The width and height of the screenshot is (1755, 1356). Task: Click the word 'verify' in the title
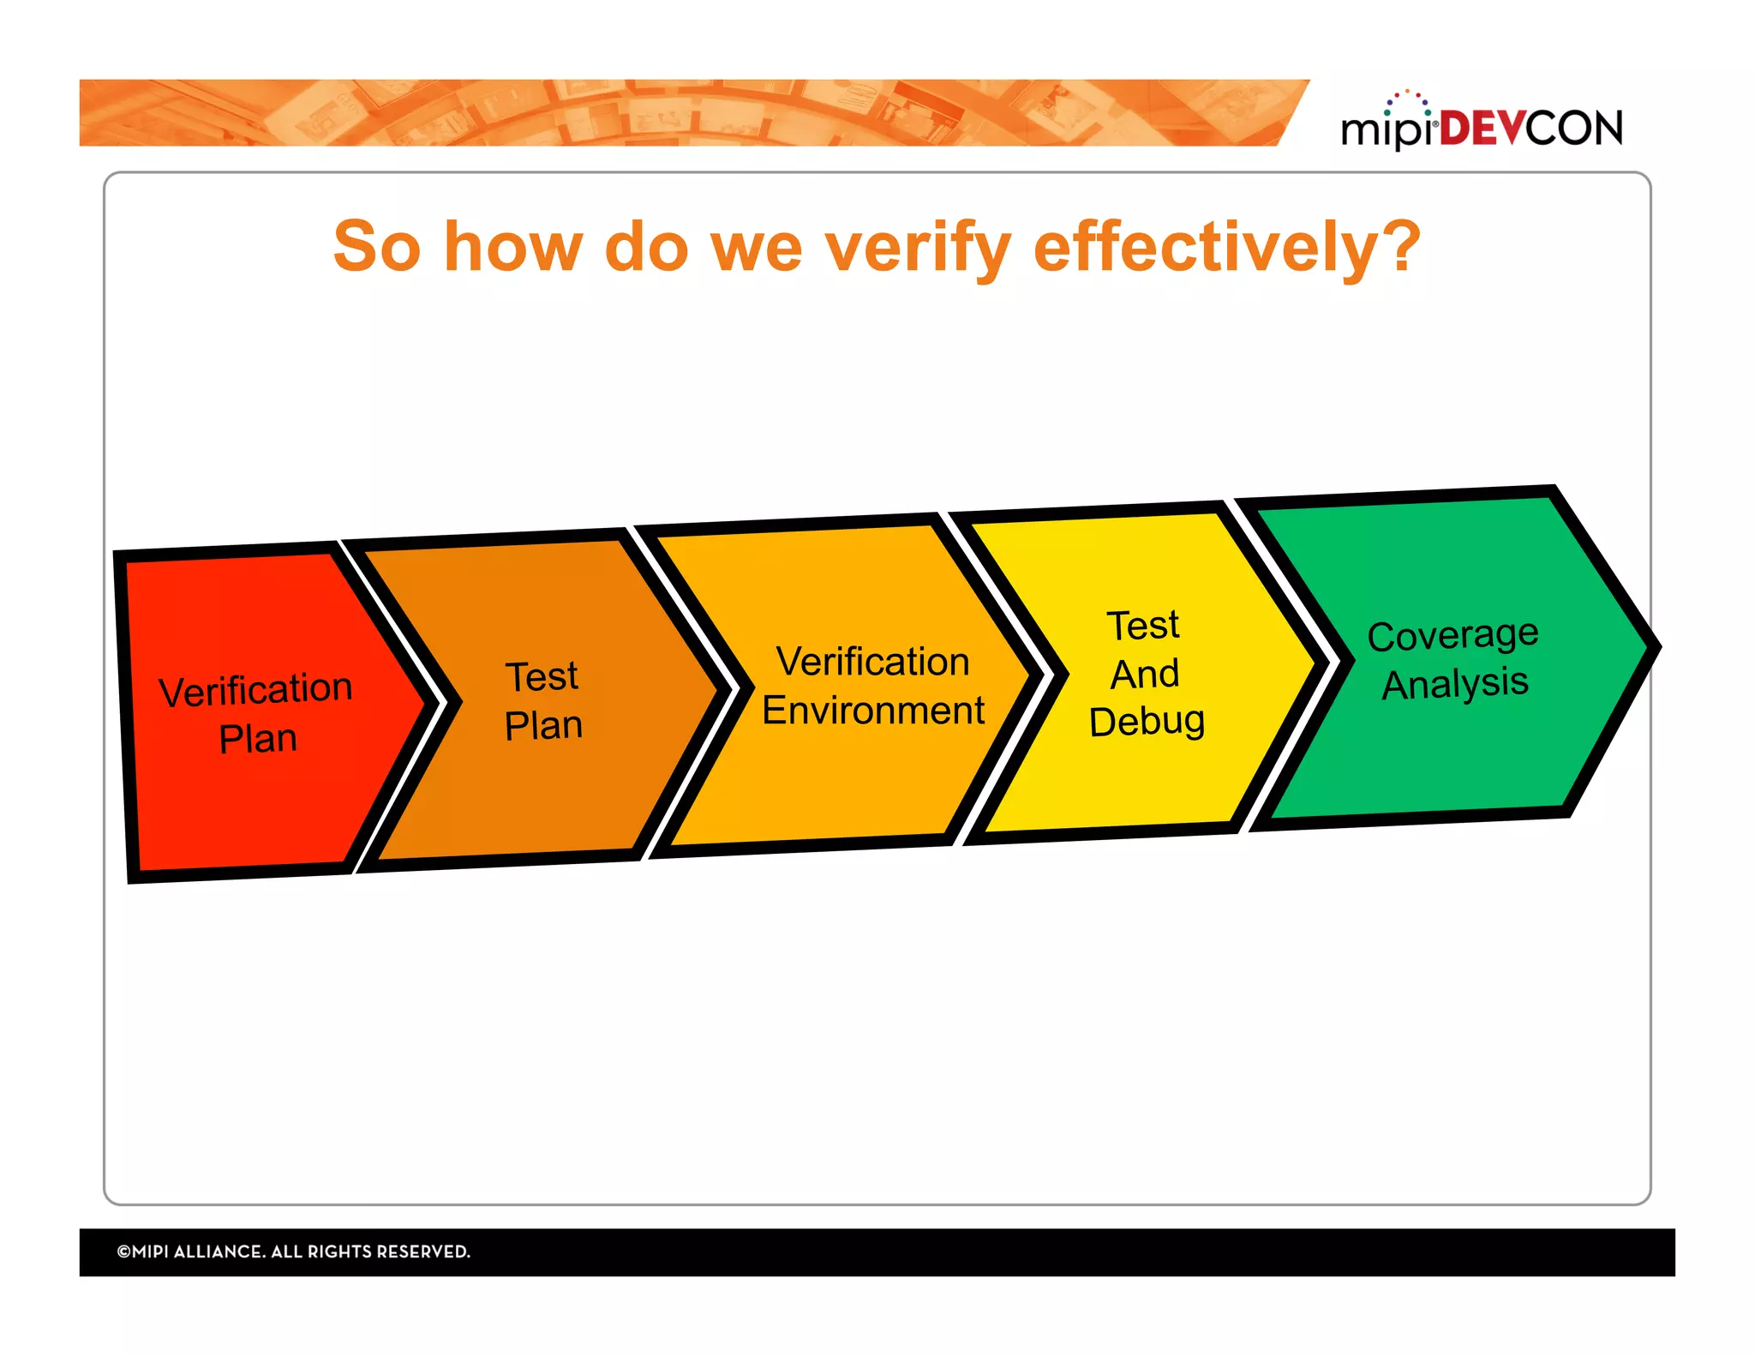click(x=917, y=249)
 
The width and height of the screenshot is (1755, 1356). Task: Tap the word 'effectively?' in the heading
click(x=1227, y=249)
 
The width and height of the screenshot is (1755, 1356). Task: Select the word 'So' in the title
click(x=377, y=249)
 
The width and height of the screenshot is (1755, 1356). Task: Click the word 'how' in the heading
click(x=512, y=249)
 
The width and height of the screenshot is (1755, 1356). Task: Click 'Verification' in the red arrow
click(x=255, y=691)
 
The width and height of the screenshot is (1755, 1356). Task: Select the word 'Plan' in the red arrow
click(x=258, y=739)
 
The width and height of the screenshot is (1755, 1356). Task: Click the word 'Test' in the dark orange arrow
click(x=542, y=677)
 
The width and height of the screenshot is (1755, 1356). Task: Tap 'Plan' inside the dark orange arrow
click(x=543, y=726)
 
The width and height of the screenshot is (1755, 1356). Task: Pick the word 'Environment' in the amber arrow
click(x=873, y=711)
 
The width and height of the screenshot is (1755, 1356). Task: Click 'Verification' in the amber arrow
click(x=872, y=663)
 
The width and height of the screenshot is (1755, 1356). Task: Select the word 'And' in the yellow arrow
click(x=1145, y=674)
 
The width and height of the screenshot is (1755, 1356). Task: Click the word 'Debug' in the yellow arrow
click(x=1147, y=722)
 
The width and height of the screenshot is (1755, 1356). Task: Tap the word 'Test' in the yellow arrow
click(x=1143, y=626)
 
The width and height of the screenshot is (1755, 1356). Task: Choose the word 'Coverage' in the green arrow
click(x=1453, y=636)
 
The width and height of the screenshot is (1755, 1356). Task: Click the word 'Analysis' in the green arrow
click(x=1455, y=684)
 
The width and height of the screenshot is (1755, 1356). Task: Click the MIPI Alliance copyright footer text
click(x=294, y=1251)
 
